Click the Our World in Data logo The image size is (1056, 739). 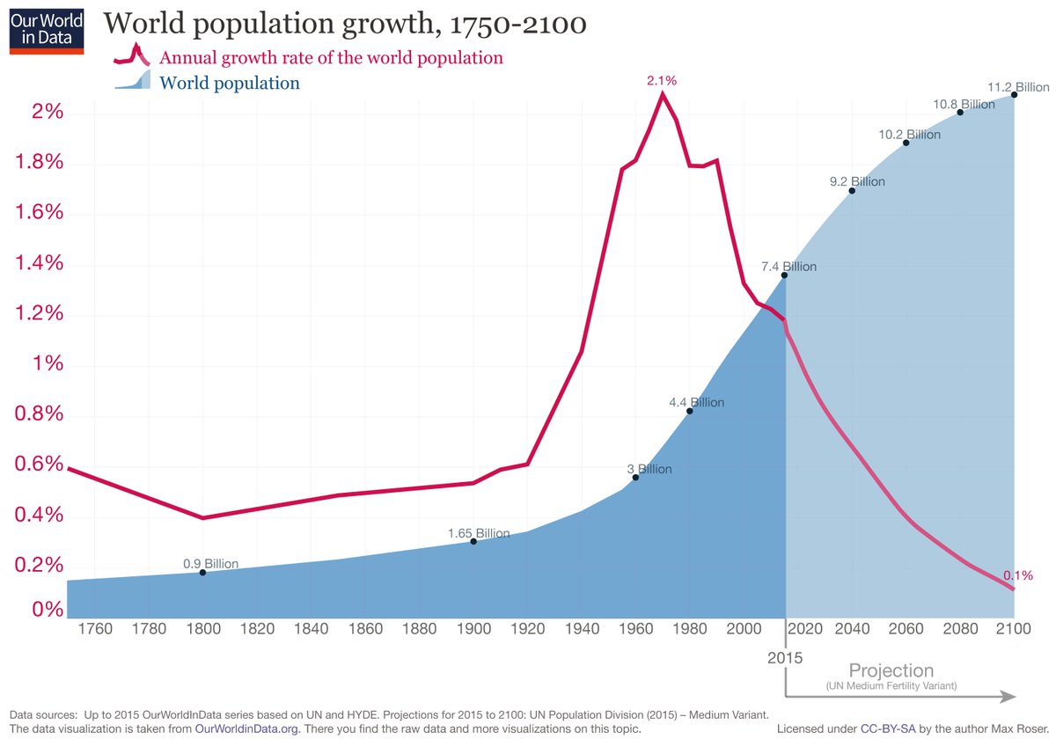click(x=47, y=31)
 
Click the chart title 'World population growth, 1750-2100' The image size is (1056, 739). click(x=345, y=24)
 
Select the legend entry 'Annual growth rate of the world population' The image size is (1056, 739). click(x=331, y=58)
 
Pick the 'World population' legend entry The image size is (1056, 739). click(x=230, y=84)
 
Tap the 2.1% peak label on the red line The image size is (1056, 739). click(x=662, y=80)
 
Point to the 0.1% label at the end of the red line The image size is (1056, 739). click(x=1017, y=575)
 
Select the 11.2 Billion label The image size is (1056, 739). click(x=1019, y=86)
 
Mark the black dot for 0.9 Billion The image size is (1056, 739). click(x=202, y=573)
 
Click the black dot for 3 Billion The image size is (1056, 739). click(x=634, y=477)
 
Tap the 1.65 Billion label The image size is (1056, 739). click(x=479, y=533)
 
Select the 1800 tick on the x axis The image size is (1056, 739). click(x=202, y=629)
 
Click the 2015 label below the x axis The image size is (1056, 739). click(x=784, y=657)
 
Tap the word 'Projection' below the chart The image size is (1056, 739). click(x=891, y=670)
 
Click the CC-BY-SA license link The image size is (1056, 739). click(x=883, y=729)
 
